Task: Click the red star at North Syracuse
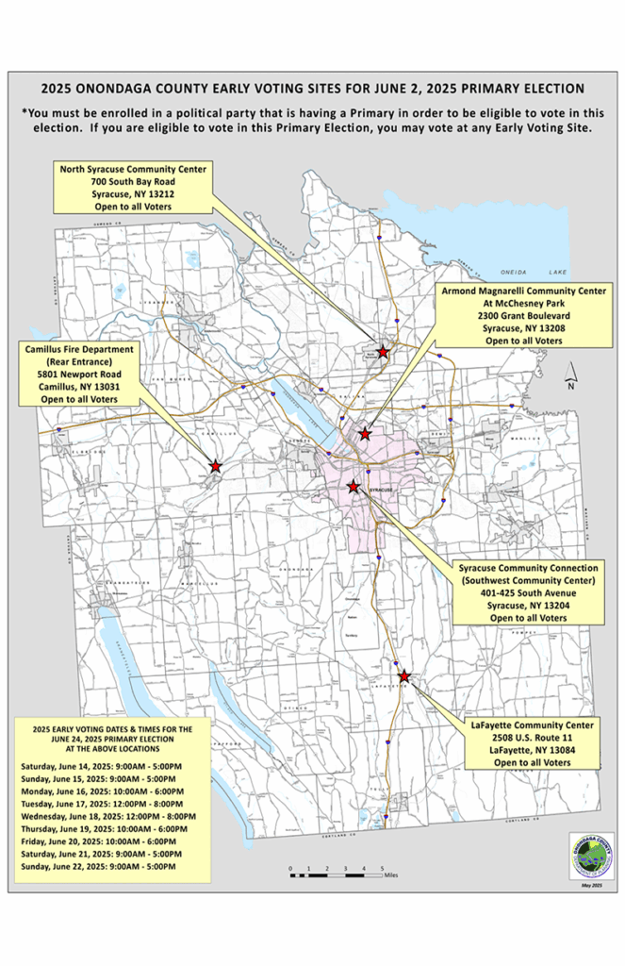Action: (384, 352)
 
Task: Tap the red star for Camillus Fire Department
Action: (215, 466)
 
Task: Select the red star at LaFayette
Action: (404, 676)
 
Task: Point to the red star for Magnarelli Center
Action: (366, 434)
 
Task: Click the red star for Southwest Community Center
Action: (354, 487)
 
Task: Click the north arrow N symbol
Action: (570, 380)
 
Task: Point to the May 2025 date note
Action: (592, 887)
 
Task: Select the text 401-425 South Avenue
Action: (528, 592)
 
